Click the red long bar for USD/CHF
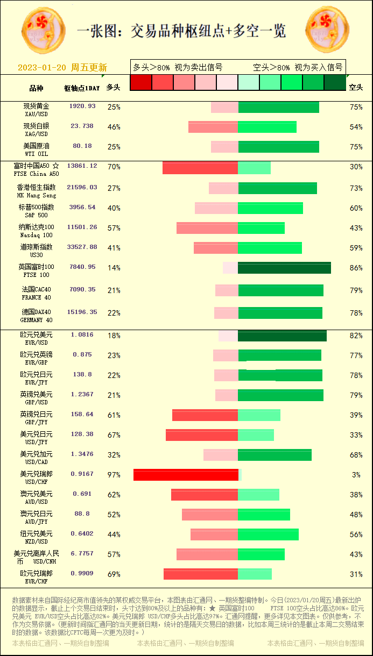click(x=186, y=475)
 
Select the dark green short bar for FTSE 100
click(x=284, y=268)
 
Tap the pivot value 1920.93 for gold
click(x=82, y=106)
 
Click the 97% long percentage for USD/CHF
click(x=114, y=475)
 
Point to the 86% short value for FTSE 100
click(x=356, y=268)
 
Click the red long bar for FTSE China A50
click(x=200, y=167)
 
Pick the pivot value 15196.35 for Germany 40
click(x=82, y=312)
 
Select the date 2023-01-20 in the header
click(x=42, y=68)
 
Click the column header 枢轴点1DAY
click(x=82, y=88)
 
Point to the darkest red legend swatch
click(x=141, y=82)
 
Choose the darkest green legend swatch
click(x=335, y=82)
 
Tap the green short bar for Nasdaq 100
click(x=261, y=228)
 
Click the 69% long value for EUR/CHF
click(x=114, y=574)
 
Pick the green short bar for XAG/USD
click(x=267, y=127)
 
